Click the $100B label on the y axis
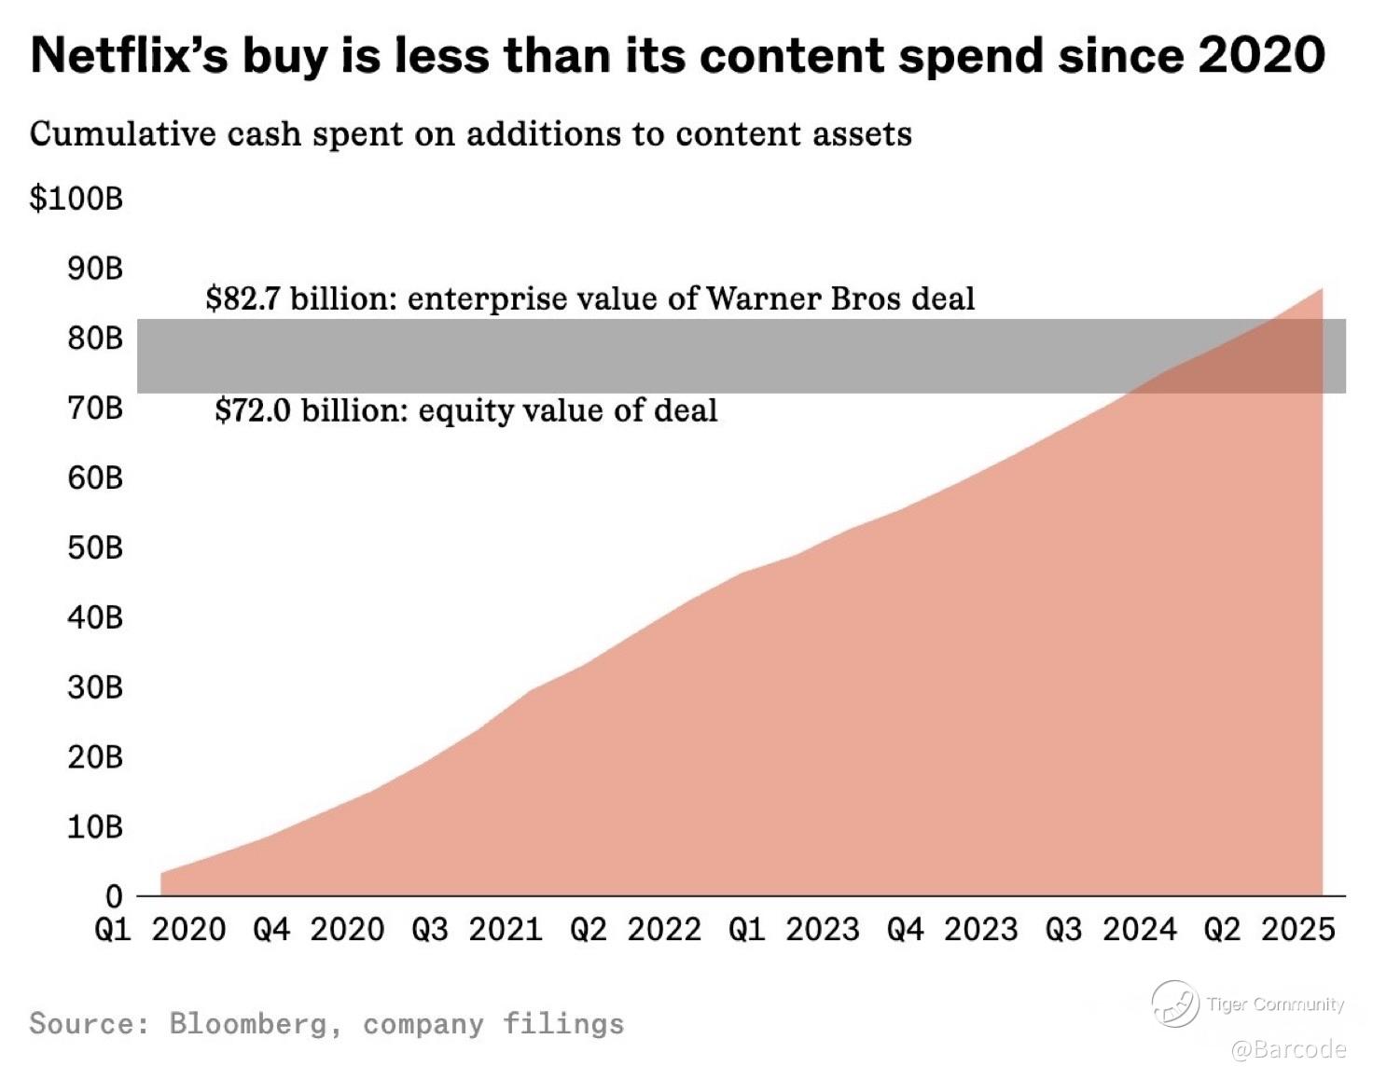[76, 199]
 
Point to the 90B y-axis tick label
[94, 269]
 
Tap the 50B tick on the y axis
[94, 547]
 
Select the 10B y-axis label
[94, 826]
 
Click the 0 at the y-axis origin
[113, 896]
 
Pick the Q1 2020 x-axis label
[160, 930]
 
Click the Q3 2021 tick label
[477, 930]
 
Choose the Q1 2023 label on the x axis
[794, 930]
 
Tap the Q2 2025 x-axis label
[1269, 930]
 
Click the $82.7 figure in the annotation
[243, 298]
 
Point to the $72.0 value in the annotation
[253, 410]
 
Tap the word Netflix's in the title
[130, 56]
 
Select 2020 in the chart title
[1261, 56]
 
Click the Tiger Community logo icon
[1174, 1004]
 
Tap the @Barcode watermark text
[1288, 1049]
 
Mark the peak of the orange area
[1322, 289]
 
